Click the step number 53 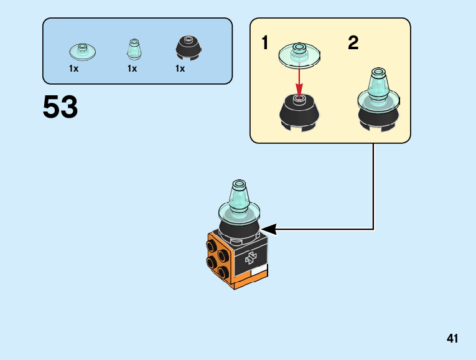pyautogui.click(x=60, y=108)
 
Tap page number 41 pyautogui.click(x=452, y=339)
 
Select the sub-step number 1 pyautogui.click(x=266, y=44)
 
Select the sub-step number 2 pyautogui.click(x=353, y=44)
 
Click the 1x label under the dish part pyautogui.click(x=74, y=69)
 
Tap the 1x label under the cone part pyautogui.click(x=132, y=69)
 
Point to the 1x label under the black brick pyautogui.click(x=180, y=69)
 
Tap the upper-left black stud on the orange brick pyautogui.click(x=212, y=245)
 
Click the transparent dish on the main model pyautogui.click(x=240, y=213)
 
